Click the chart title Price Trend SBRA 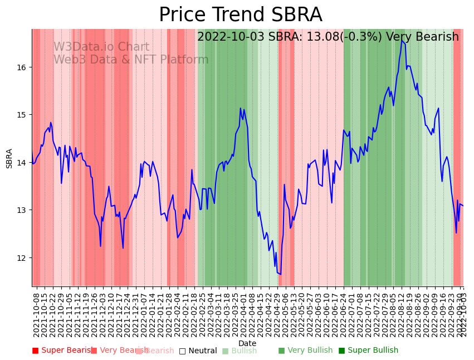coord(240,15)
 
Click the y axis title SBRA coord(9,158)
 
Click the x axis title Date coord(247,344)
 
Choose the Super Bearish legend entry coord(61,351)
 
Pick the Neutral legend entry coord(198,351)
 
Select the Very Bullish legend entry coord(305,351)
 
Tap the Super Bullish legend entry coord(368,351)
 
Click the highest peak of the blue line coord(402,40)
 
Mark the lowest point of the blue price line coord(280,274)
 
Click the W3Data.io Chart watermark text coord(101,47)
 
